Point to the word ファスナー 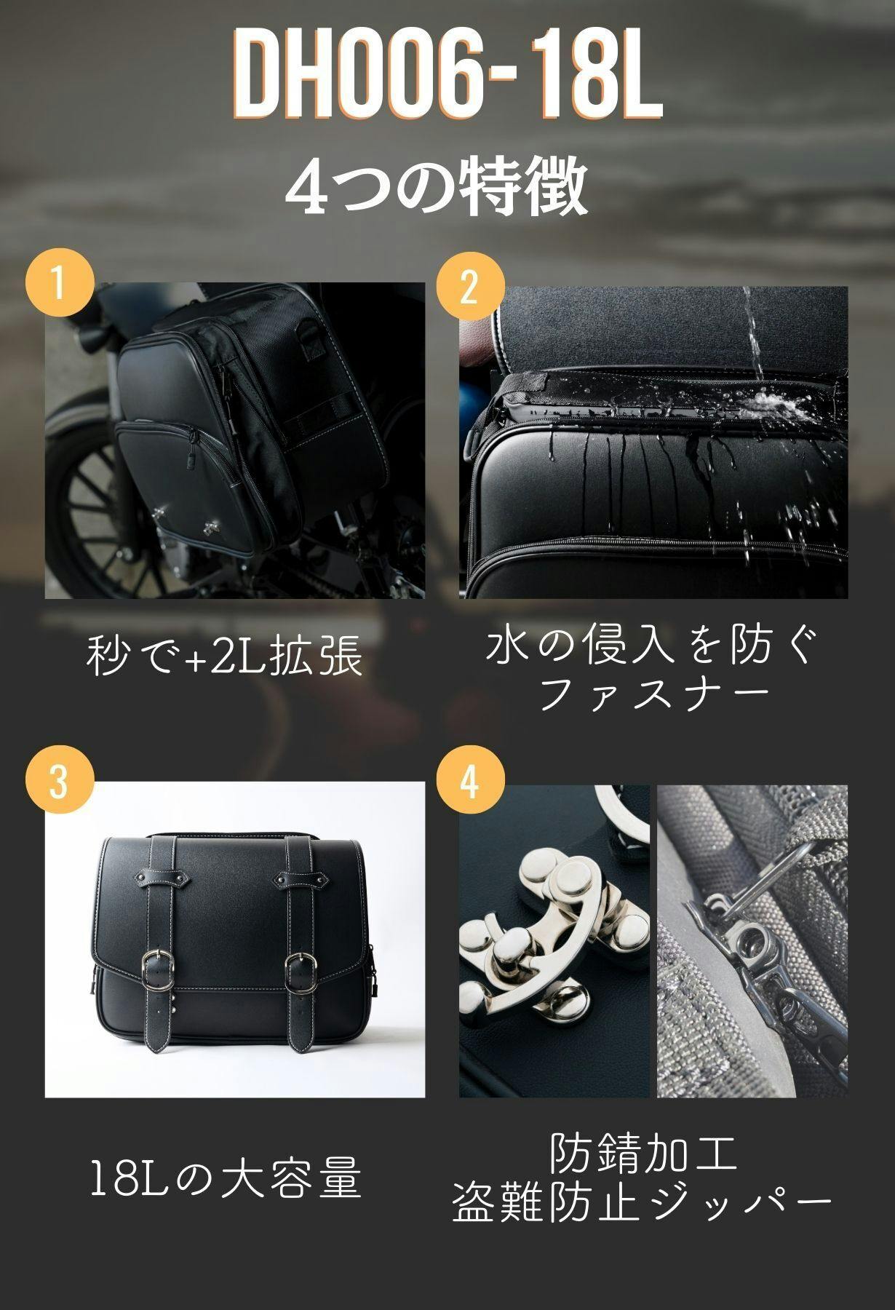tap(655, 695)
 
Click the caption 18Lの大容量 tap(226, 1178)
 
